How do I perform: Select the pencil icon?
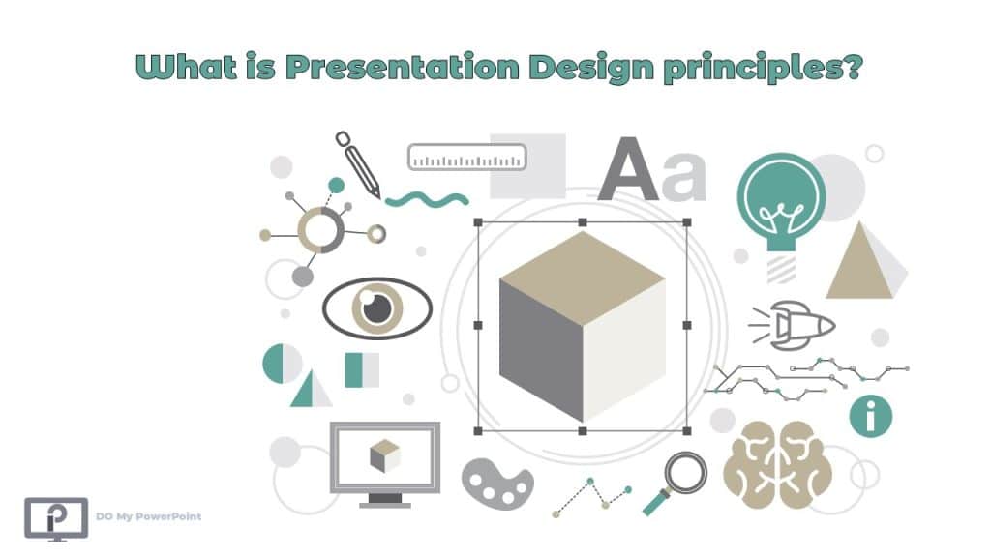pos(358,162)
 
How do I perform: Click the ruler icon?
pos(466,157)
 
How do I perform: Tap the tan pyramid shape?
pos(858,263)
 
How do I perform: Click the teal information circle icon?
pos(870,416)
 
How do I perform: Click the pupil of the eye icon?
pos(376,308)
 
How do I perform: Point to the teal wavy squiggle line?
pos(427,199)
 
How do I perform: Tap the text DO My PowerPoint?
pos(149,517)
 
